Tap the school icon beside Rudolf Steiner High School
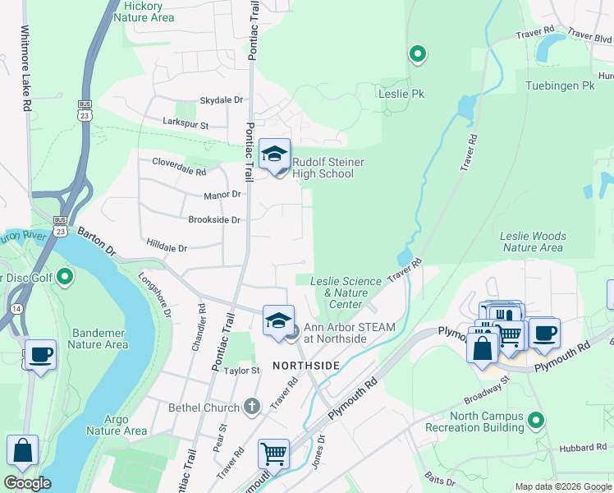[x=274, y=154]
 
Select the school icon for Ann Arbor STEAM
[x=278, y=320]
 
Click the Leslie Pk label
[x=401, y=94]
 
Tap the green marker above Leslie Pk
[x=417, y=54]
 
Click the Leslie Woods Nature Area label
[x=533, y=242]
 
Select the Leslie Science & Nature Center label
[x=346, y=293]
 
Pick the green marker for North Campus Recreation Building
[x=535, y=420]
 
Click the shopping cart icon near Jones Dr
[x=273, y=454]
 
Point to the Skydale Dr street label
[x=222, y=99]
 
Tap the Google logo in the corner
[x=27, y=483]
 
